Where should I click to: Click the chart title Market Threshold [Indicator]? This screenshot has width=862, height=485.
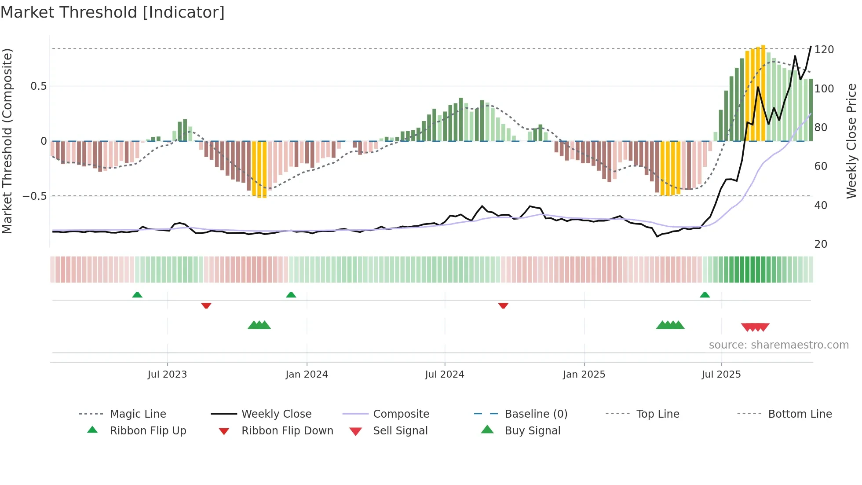(x=113, y=12)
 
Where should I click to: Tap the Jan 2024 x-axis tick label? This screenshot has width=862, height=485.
(x=307, y=374)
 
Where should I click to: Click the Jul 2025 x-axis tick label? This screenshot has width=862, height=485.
(x=721, y=374)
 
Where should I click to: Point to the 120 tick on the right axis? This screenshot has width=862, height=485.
(x=824, y=49)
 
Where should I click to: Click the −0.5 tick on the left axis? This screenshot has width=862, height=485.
(x=35, y=196)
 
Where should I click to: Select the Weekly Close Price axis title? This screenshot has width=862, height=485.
(x=851, y=141)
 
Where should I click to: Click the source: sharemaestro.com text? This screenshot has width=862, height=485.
(x=778, y=345)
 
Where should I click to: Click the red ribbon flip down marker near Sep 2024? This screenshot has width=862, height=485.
(x=503, y=305)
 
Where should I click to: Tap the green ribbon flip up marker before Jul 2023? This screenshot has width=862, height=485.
(x=137, y=295)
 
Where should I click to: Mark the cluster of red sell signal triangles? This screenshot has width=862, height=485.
(x=755, y=327)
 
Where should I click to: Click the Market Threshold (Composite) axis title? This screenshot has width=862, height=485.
(x=7, y=141)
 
